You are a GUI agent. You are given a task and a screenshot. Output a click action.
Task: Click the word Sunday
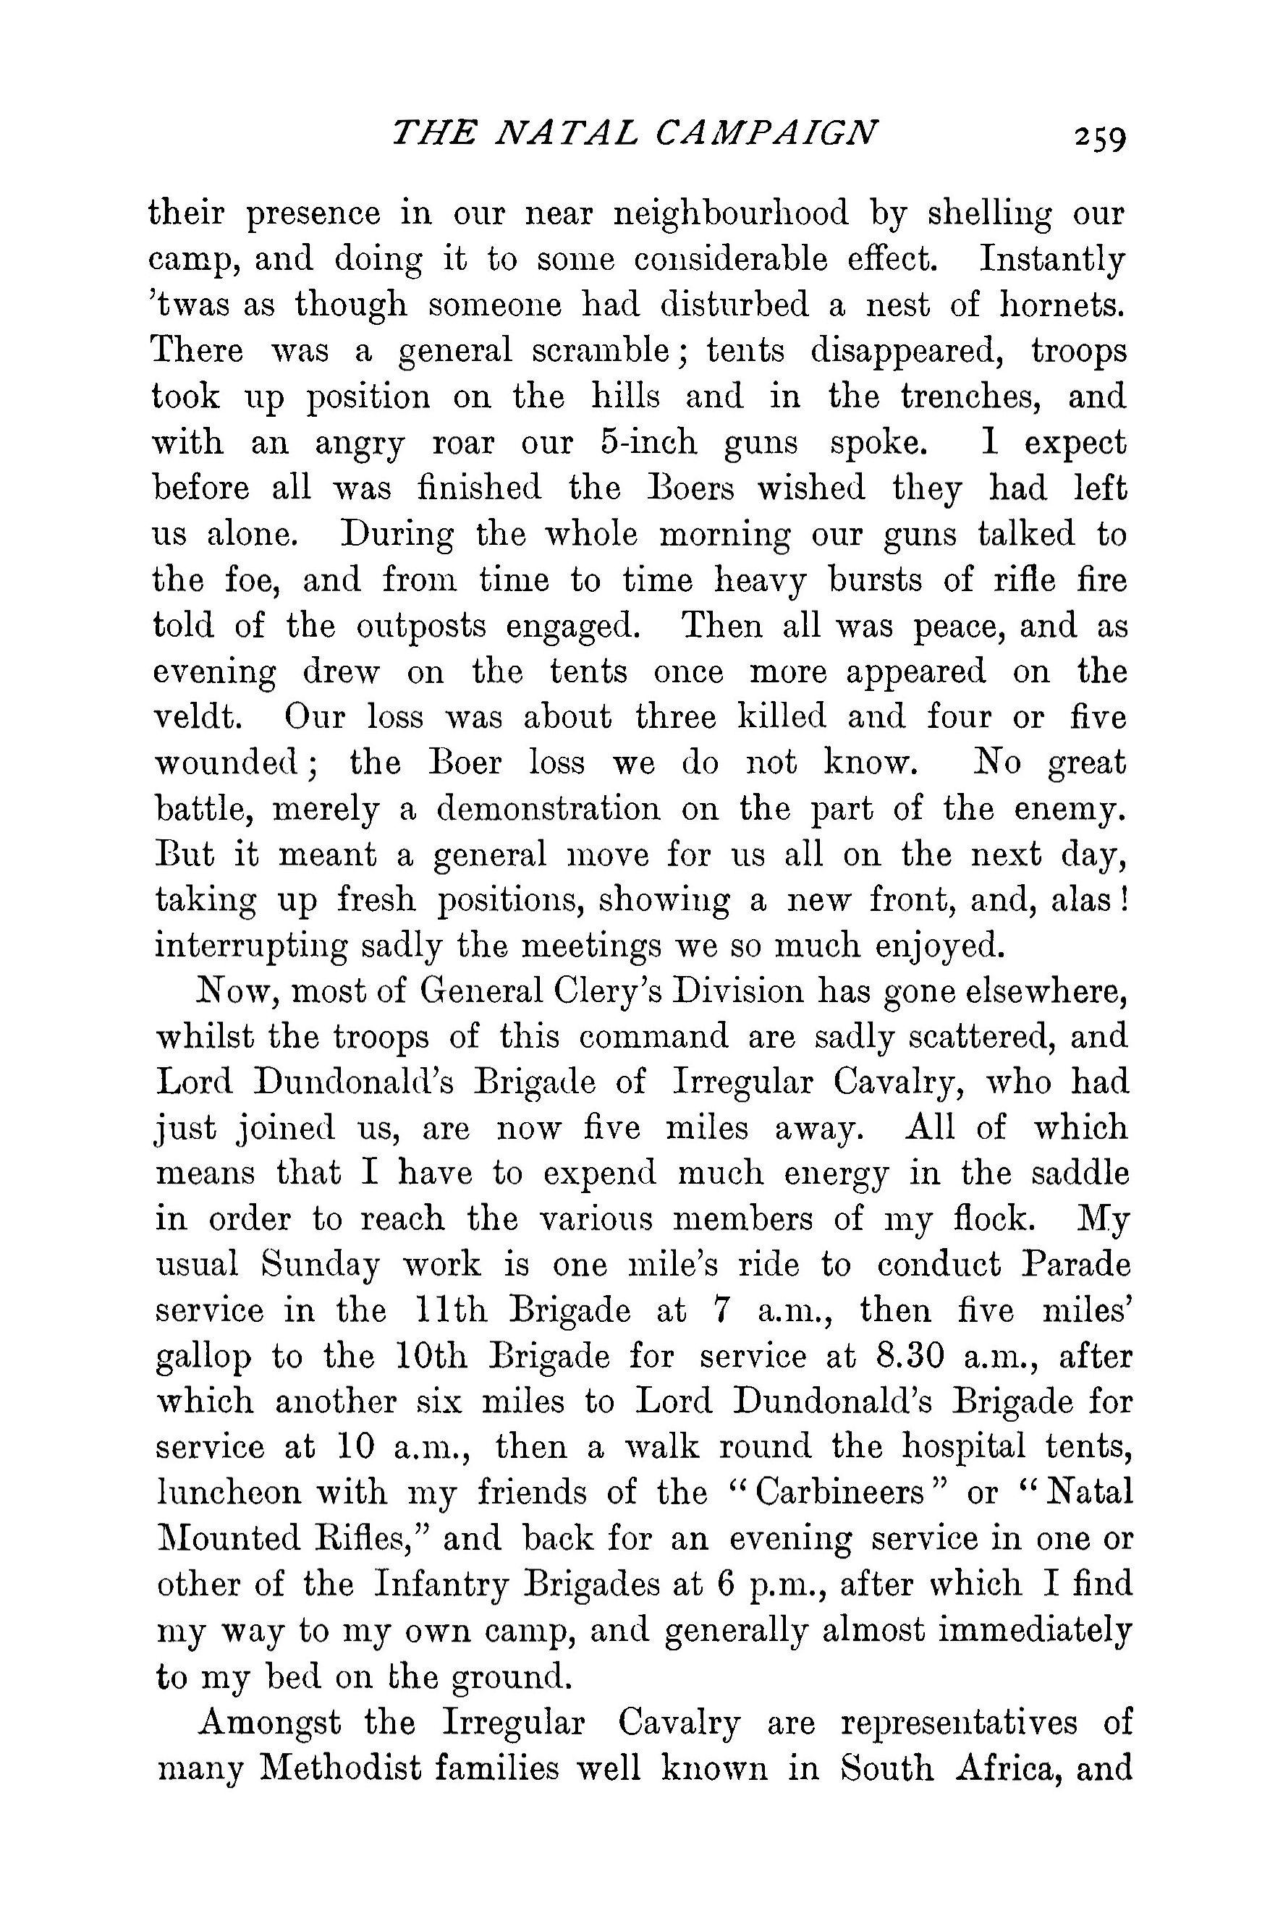(320, 1265)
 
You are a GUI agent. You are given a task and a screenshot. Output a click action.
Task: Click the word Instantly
(1053, 259)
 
